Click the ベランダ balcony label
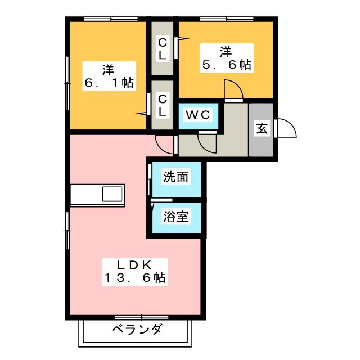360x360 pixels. [x=137, y=329]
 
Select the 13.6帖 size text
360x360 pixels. [x=135, y=277]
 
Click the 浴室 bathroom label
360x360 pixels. [x=175, y=215]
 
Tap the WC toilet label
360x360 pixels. [x=198, y=115]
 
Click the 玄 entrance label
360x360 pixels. [x=262, y=128]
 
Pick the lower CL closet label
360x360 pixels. [x=162, y=105]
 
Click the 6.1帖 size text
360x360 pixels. [x=109, y=83]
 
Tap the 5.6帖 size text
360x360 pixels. [x=226, y=65]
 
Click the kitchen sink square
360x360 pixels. [x=111, y=195]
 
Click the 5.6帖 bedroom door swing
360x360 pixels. [x=232, y=89]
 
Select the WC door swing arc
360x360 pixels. [x=207, y=142]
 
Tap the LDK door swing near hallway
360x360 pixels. [x=165, y=145]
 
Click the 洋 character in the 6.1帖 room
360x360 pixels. [x=109, y=70]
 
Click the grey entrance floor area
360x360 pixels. [x=262, y=141]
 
